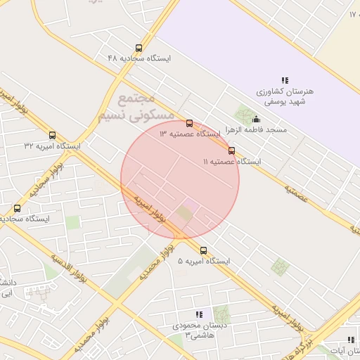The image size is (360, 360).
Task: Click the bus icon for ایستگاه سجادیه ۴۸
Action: pos(139,49)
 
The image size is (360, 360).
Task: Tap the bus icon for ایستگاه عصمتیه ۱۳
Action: pos(189,124)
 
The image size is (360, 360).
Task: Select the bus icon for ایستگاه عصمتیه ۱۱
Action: pos(231,150)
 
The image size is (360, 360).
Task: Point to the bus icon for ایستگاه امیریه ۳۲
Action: pos(52,136)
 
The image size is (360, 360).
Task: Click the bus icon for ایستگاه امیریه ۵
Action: pos(204,250)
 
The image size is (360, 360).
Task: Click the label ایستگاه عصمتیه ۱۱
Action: pos(232,162)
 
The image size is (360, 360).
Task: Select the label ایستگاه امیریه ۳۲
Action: pos(52,146)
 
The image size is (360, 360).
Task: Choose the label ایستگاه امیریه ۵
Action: pos(204,261)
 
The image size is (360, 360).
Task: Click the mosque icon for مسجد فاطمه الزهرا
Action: pos(255,120)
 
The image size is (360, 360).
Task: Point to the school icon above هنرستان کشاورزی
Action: pos(285,81)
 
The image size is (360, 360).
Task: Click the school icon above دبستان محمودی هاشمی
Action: pos(199,315)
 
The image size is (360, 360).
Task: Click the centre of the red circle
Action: pos(180,179)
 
